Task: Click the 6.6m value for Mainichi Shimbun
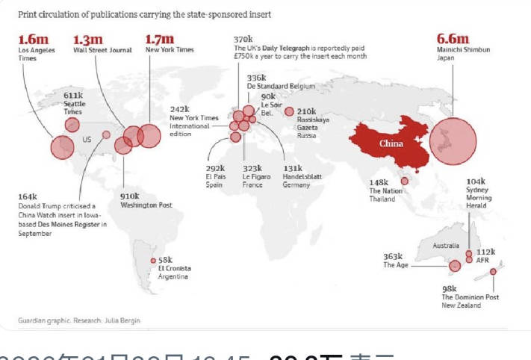coord(453,39)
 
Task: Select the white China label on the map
coord(391,143)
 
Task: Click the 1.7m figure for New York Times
coord(159,39)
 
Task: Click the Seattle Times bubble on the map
coord(72,125)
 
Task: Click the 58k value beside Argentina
coord(165,260)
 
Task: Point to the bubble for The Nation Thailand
coord(405,181)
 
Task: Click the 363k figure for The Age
coord(394,255)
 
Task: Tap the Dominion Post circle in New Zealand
coord(492,272)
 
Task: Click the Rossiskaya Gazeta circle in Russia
coord(291,111)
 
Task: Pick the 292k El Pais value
coord(216,168)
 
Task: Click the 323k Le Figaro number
coord(252,168)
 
